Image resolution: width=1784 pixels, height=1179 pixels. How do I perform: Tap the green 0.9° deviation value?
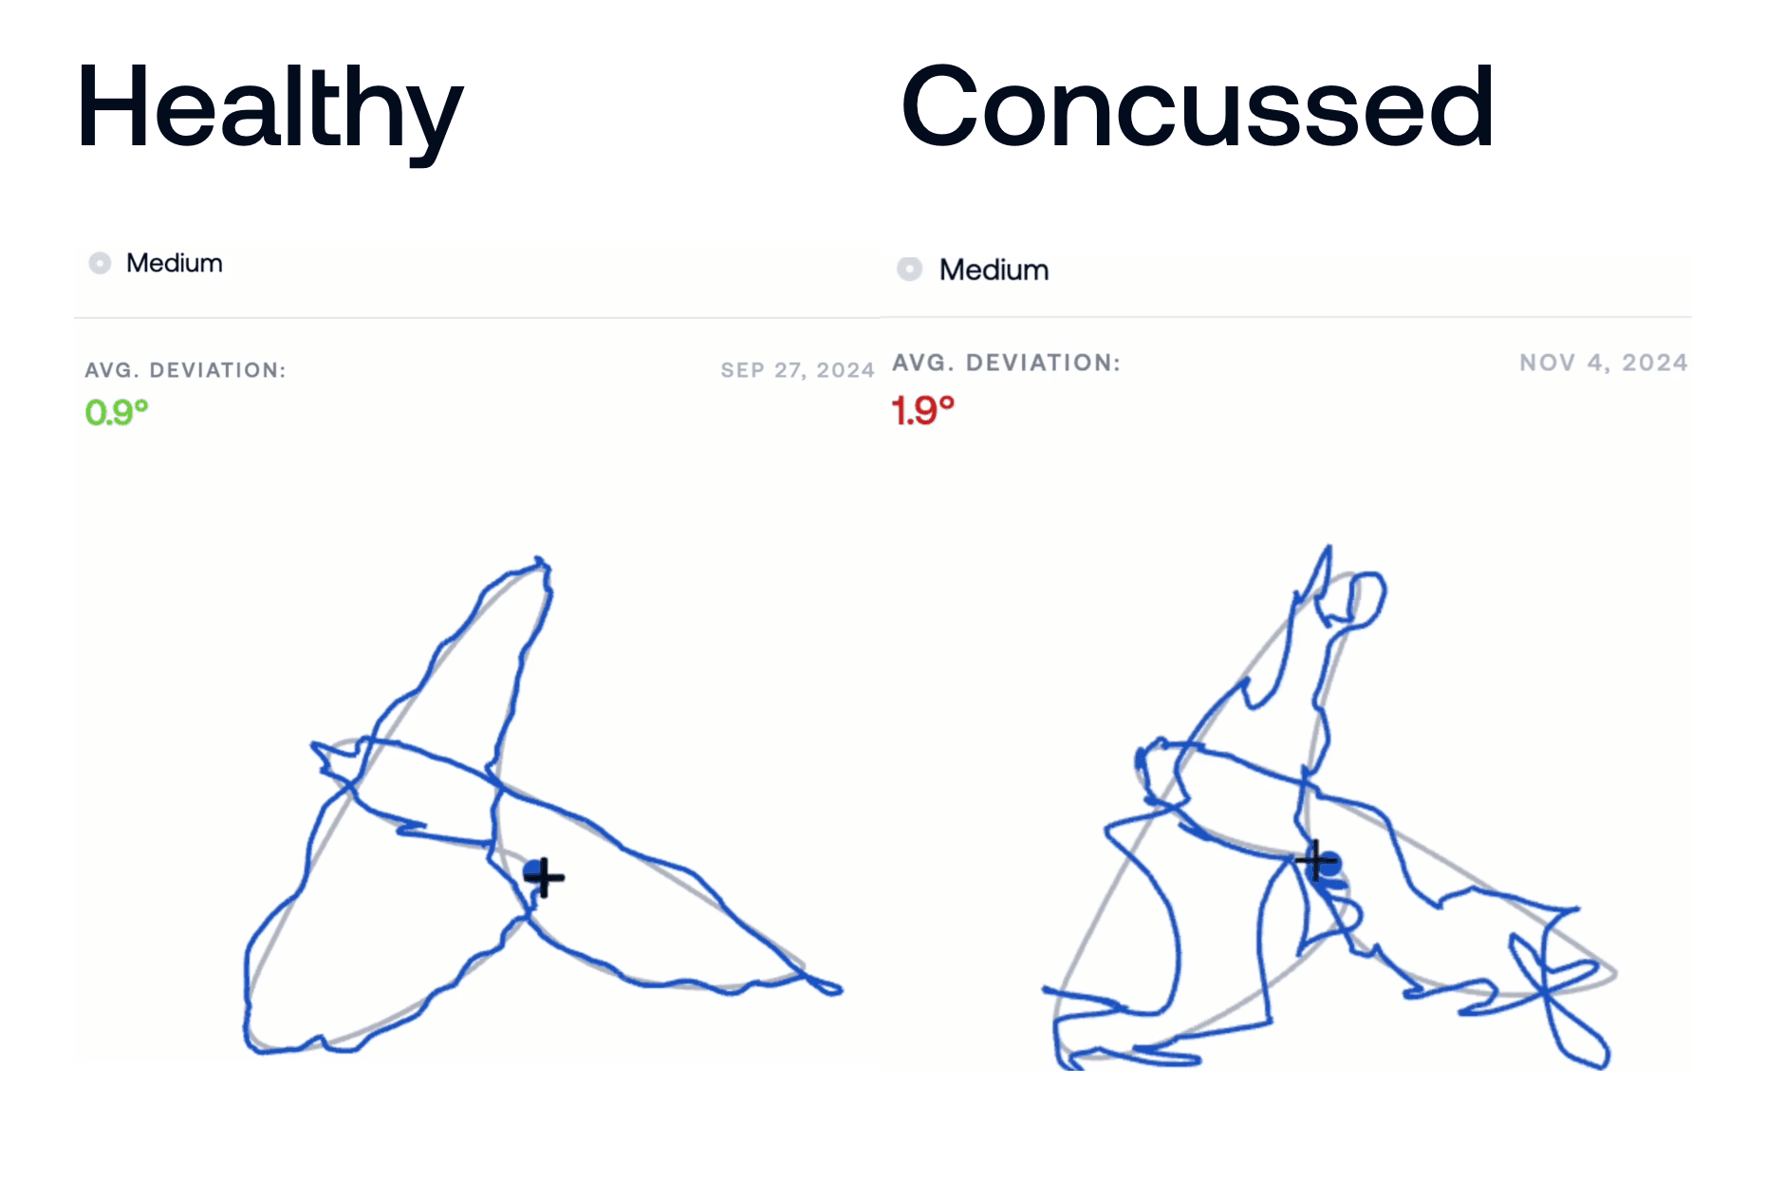click(117, 412)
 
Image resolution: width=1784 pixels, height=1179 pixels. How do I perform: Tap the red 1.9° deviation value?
click(922, 410)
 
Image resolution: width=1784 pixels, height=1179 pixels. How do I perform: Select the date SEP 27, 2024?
click(797, 370)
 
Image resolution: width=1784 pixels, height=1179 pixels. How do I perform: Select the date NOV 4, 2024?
click(1604, 363)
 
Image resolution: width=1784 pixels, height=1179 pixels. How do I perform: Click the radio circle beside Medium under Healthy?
click(100, 263)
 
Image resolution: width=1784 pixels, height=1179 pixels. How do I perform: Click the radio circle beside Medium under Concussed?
click(909, 270)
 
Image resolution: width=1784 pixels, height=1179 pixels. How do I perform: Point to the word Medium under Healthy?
click(175, 263)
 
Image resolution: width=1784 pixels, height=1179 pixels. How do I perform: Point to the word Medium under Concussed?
click(994, 270)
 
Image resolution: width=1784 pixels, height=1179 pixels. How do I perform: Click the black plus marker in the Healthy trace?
click(544, 877)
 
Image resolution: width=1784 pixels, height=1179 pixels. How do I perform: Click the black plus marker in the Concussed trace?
click(1316, 861)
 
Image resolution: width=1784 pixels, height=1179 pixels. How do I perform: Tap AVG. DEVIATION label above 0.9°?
click(185, 370)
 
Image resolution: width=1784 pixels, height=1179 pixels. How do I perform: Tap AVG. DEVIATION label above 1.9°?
click(1006, 363)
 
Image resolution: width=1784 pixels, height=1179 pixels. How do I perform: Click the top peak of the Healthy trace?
click(539, 559)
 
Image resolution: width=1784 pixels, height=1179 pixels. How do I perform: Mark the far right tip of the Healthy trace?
click(841, 990)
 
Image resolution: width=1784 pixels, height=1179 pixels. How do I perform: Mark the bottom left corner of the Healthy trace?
click(251, 1048)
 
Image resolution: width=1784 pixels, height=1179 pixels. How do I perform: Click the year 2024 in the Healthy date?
click(845, 370)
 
